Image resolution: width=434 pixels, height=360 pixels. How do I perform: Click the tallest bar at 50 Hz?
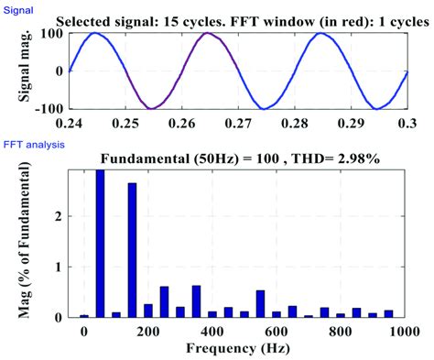coord(100,243)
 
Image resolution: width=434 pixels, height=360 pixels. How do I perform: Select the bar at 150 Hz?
coord(133,249)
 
